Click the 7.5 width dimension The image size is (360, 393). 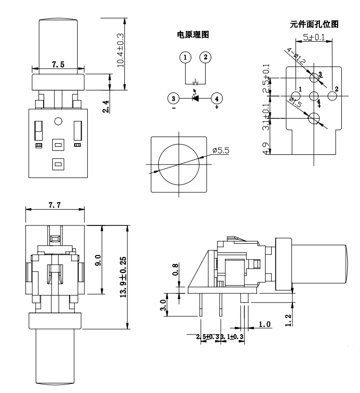tap(58, 64)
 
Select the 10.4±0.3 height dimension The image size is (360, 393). tap(120, 51)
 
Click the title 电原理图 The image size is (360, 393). tap(192, 35)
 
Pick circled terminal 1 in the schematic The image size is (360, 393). tap(186, 57)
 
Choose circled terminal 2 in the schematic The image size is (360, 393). tap(205, 57)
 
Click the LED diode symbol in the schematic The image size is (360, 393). tap(195, 97)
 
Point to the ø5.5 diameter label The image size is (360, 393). tap(222, 151)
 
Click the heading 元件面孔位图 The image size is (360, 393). tap(313, 24)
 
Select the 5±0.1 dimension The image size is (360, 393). tap(315, 37)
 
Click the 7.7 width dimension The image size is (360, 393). tap(54, 205)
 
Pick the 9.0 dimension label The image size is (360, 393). tap(99, 260)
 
